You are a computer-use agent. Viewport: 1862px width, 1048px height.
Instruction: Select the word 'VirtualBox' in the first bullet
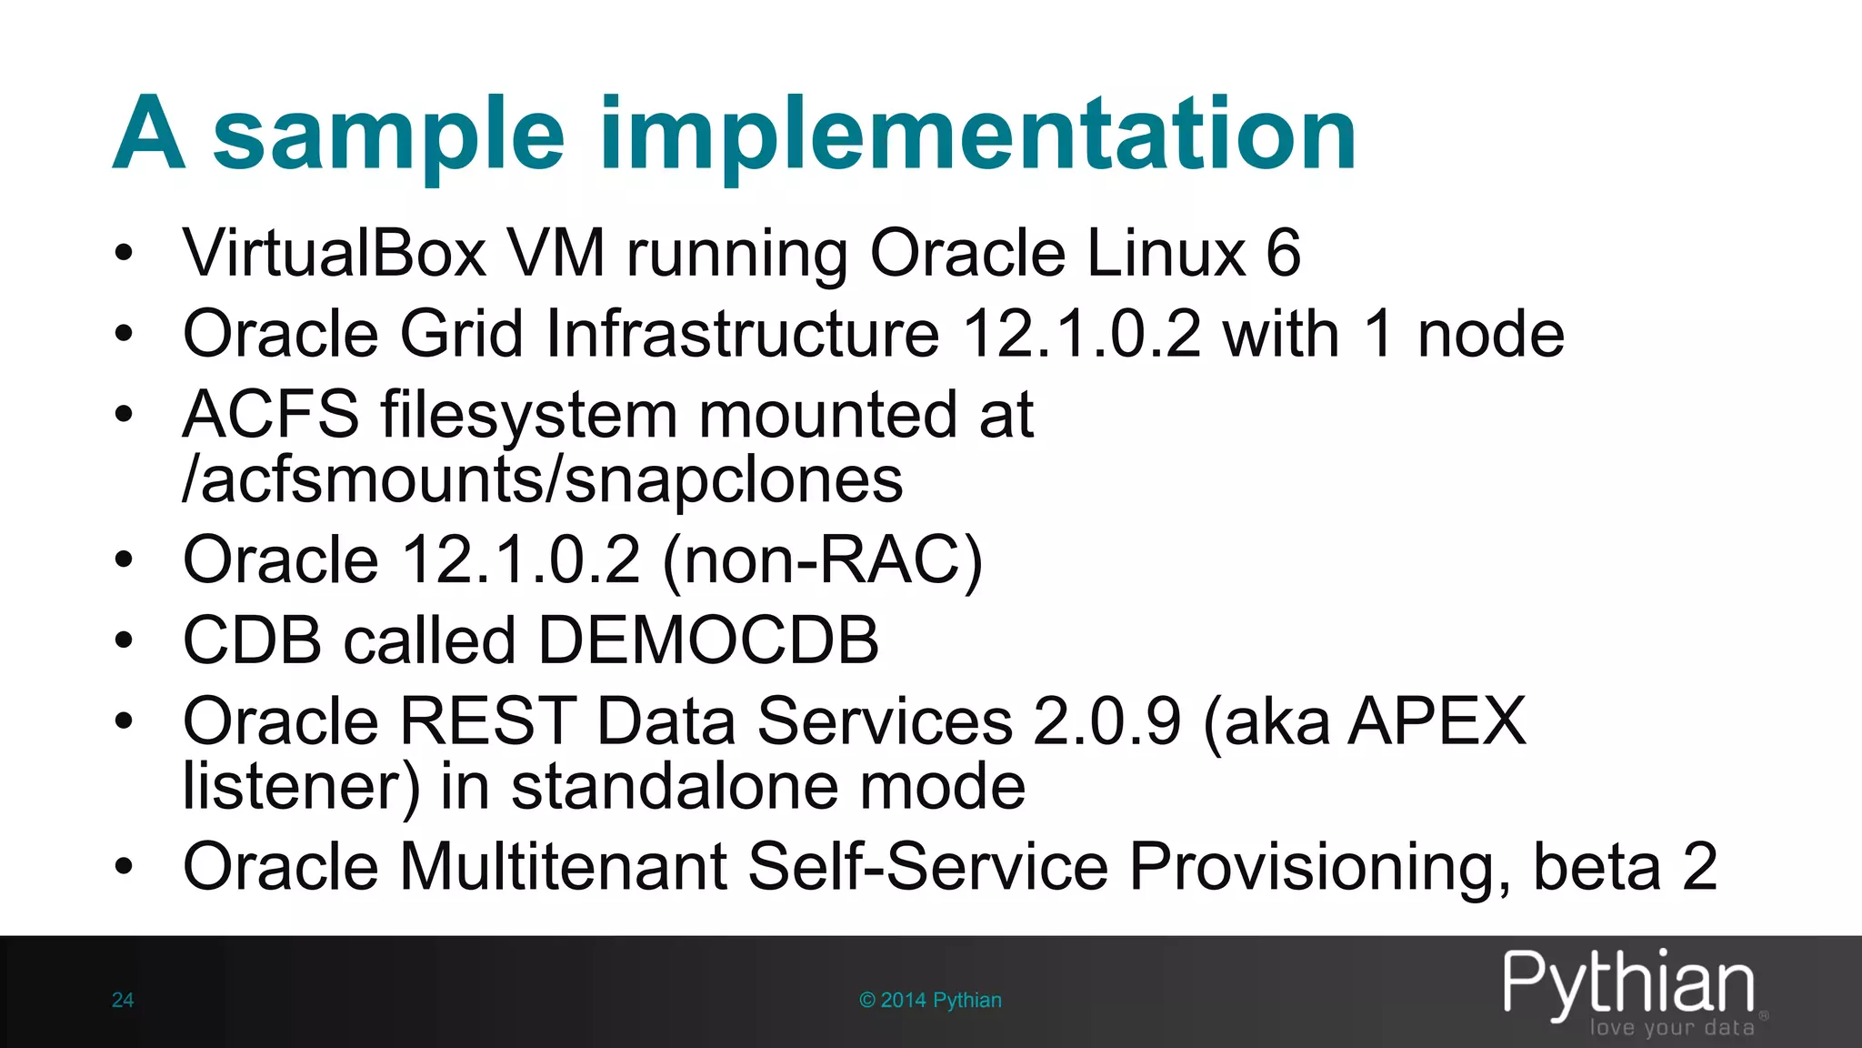(335, 253)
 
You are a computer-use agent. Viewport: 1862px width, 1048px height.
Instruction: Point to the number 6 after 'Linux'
(1283, 253)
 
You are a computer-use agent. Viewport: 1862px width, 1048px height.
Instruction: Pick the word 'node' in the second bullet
(1490, 334)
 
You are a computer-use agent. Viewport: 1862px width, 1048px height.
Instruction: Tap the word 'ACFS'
(271, 415)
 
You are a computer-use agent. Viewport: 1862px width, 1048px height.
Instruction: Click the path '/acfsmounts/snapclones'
(543, 479)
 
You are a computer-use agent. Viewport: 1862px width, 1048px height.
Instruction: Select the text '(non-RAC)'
(823, 559)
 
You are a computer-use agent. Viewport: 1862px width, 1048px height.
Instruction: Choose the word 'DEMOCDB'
(708, 640)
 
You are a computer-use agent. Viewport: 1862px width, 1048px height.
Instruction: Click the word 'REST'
(487, 721)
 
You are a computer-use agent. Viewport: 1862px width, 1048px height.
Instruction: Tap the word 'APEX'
(1437, 721)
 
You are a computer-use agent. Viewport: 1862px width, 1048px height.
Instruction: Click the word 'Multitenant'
(564, 866)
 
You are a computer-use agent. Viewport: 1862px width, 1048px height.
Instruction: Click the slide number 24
(123, 1001)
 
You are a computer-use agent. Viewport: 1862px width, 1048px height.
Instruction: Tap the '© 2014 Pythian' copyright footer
(930, 1001)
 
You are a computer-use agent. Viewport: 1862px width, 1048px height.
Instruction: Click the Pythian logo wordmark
(1627, 982)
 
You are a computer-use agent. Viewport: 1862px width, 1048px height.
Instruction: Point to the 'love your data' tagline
(1671, 1028)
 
